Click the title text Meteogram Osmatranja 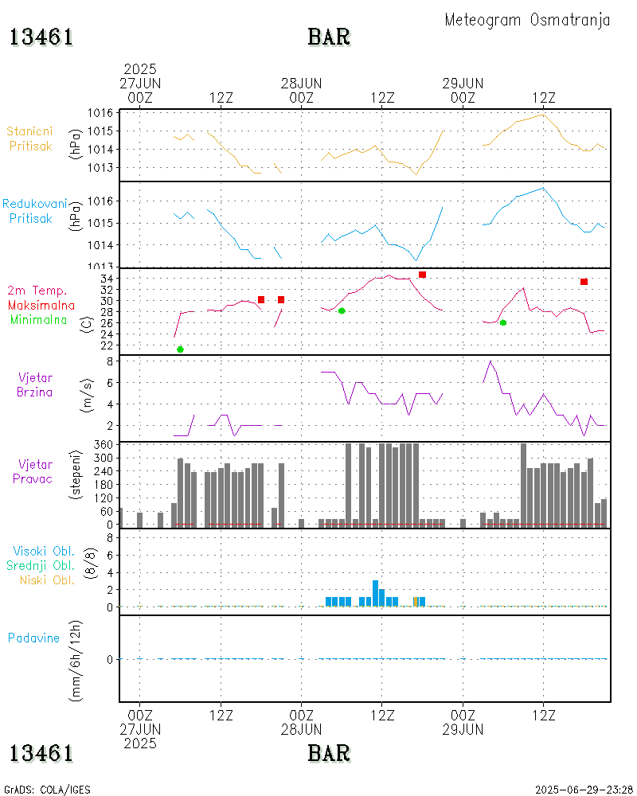tap(527, 20)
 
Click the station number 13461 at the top tap(41, 37)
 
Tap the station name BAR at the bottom tap(329, 752)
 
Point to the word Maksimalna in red tap(41, 305)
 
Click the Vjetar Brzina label tap(36, 384)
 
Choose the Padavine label tap(33, 638)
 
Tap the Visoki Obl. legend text tap(44, 551)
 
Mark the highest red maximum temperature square tap(422, 275)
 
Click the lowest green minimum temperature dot tap(180, 349)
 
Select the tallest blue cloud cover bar tap(375, 593)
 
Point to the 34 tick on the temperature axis tap(106, 279)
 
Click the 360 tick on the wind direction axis tap(104, 443)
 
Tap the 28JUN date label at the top tap(301, 83)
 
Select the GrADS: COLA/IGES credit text tap(47, 790)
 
